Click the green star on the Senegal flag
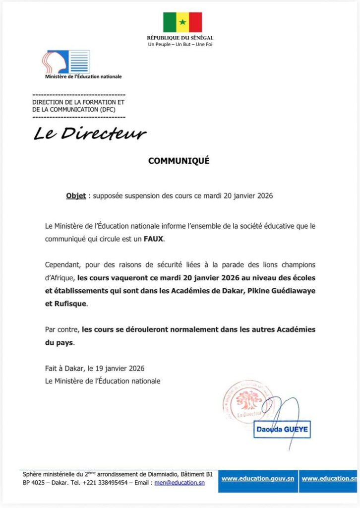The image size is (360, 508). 182,22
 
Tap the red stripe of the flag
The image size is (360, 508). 195,22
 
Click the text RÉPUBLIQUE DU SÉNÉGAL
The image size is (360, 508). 180,38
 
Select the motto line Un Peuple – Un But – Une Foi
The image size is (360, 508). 180,45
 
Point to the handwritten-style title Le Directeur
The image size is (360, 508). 90,133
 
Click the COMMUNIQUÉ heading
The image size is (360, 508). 179,161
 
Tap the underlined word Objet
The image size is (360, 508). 76,196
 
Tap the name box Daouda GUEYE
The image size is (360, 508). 283,429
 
